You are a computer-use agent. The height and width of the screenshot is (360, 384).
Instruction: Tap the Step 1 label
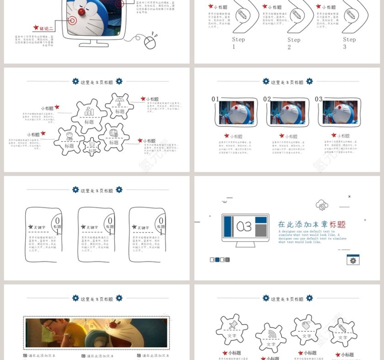[x=238, y=42]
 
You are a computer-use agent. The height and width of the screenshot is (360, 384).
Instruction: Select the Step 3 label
[x=349, y=42]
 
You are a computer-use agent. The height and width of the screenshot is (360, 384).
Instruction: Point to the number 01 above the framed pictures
[x=215, y=99]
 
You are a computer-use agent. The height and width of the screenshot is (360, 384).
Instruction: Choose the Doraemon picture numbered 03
[x=339, y=112]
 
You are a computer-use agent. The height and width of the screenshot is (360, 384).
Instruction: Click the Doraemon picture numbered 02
[x=288, y=112]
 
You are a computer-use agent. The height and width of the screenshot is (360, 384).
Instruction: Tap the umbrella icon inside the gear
[x=120, y=101]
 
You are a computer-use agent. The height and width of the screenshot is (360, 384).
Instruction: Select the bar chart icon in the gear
[x=89, y=111]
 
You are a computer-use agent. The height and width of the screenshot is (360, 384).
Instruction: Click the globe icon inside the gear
[x=113, y=133]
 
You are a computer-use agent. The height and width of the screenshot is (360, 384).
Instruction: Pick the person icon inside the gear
[x=69, y=136]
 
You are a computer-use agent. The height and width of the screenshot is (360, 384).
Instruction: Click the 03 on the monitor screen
[x=244, y=227]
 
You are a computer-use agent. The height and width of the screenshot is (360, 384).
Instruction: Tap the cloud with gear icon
[x=322, y=205]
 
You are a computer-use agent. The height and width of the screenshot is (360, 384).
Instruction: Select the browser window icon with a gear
[x=353, y=260]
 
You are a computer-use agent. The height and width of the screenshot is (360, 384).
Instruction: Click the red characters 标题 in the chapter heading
[x=337, y=224]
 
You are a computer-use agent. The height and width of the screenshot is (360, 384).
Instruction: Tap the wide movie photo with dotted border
[x=96, y=333]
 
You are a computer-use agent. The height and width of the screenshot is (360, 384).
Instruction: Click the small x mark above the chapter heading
[x=349, y=196]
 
